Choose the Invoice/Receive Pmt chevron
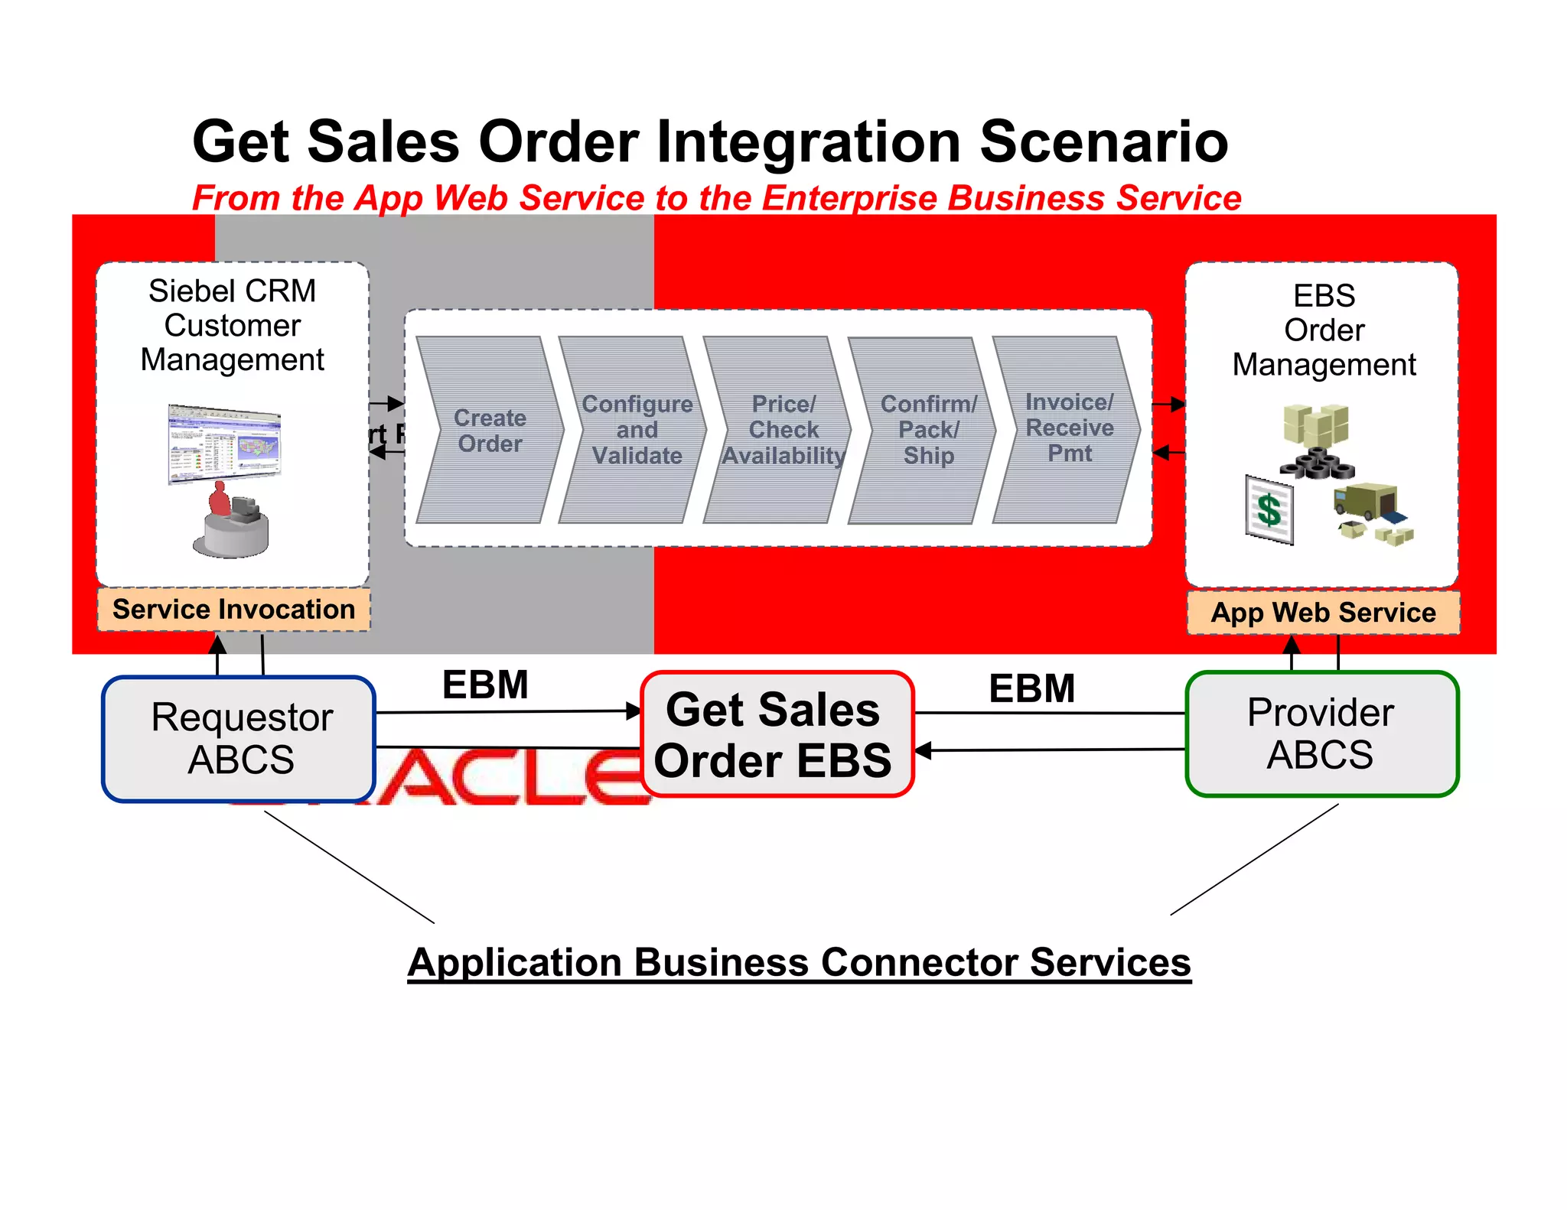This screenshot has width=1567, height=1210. (1068, 428)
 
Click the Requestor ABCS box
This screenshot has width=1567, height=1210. (240, 739)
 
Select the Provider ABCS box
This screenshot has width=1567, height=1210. (1321, 734)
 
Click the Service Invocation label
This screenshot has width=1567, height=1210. (233, 610)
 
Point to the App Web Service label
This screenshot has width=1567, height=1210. (1323, 613)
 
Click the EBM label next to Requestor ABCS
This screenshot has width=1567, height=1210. (485, 685)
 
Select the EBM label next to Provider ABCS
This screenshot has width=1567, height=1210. (1031, 688)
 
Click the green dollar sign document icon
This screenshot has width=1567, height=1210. (1269, 509)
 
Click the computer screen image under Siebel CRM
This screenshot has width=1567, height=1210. (224, 444)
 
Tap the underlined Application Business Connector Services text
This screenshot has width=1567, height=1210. (799, 962)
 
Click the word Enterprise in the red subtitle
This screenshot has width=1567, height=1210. (849, 198)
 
